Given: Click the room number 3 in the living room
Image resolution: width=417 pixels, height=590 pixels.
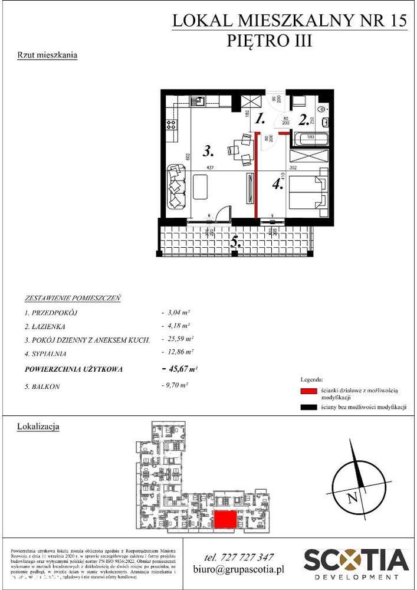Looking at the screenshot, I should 207,152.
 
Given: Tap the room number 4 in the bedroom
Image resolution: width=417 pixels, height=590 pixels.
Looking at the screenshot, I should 278,184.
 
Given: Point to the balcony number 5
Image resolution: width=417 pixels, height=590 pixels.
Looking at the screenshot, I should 235,241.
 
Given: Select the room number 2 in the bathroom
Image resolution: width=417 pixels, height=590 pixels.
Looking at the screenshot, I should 304,120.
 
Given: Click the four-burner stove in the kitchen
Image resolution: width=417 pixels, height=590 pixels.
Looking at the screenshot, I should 172,124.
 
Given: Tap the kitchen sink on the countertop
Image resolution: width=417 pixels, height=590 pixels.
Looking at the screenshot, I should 200,100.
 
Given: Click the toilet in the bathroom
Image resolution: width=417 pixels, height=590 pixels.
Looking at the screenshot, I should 323,110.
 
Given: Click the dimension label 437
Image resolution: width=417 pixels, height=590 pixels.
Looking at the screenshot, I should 209,168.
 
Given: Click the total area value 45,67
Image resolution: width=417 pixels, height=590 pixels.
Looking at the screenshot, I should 179,369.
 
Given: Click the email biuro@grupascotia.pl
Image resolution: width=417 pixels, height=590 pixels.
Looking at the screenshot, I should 239,570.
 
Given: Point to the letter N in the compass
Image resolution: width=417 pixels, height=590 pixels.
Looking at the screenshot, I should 352,497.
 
